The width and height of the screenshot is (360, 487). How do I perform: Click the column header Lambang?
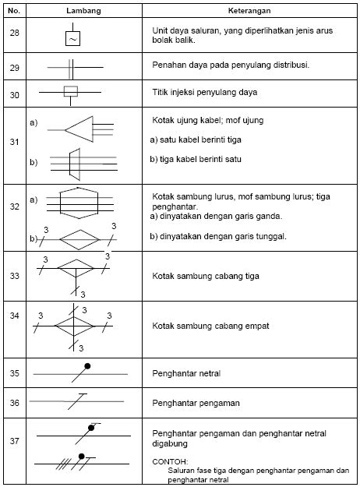(x=83, y=11)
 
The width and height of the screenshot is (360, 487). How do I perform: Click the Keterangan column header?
(x=249, y=11)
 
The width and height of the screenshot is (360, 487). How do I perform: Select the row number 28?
(x=14, y=33)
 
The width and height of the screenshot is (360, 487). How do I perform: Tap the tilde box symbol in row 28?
(x=72, y=38)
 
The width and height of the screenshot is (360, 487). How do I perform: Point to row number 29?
(x=14, y=68)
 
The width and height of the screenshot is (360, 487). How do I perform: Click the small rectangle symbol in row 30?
(x=70, y=91)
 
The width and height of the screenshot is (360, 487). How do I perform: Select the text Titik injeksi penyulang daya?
(x=205, y=92)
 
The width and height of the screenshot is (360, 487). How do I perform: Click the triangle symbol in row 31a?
(x=79, y=129)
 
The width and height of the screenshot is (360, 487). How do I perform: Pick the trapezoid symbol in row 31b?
(x=75, y=164)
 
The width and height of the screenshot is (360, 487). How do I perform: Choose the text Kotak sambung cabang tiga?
(x=206, y=276)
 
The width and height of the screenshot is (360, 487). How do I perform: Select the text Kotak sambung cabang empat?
(x=210, y=326)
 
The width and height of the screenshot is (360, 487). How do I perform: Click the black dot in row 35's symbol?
(x=87, y=366)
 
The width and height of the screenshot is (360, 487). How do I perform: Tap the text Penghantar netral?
(x=186, y=373)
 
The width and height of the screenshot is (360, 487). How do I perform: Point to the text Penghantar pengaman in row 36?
(x=196, y=403)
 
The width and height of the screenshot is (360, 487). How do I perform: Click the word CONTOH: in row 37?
(x=170, y=461)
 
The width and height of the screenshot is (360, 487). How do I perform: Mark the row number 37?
(x=14, y=441)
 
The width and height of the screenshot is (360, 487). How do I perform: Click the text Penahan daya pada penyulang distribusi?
(x=231, y=65)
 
